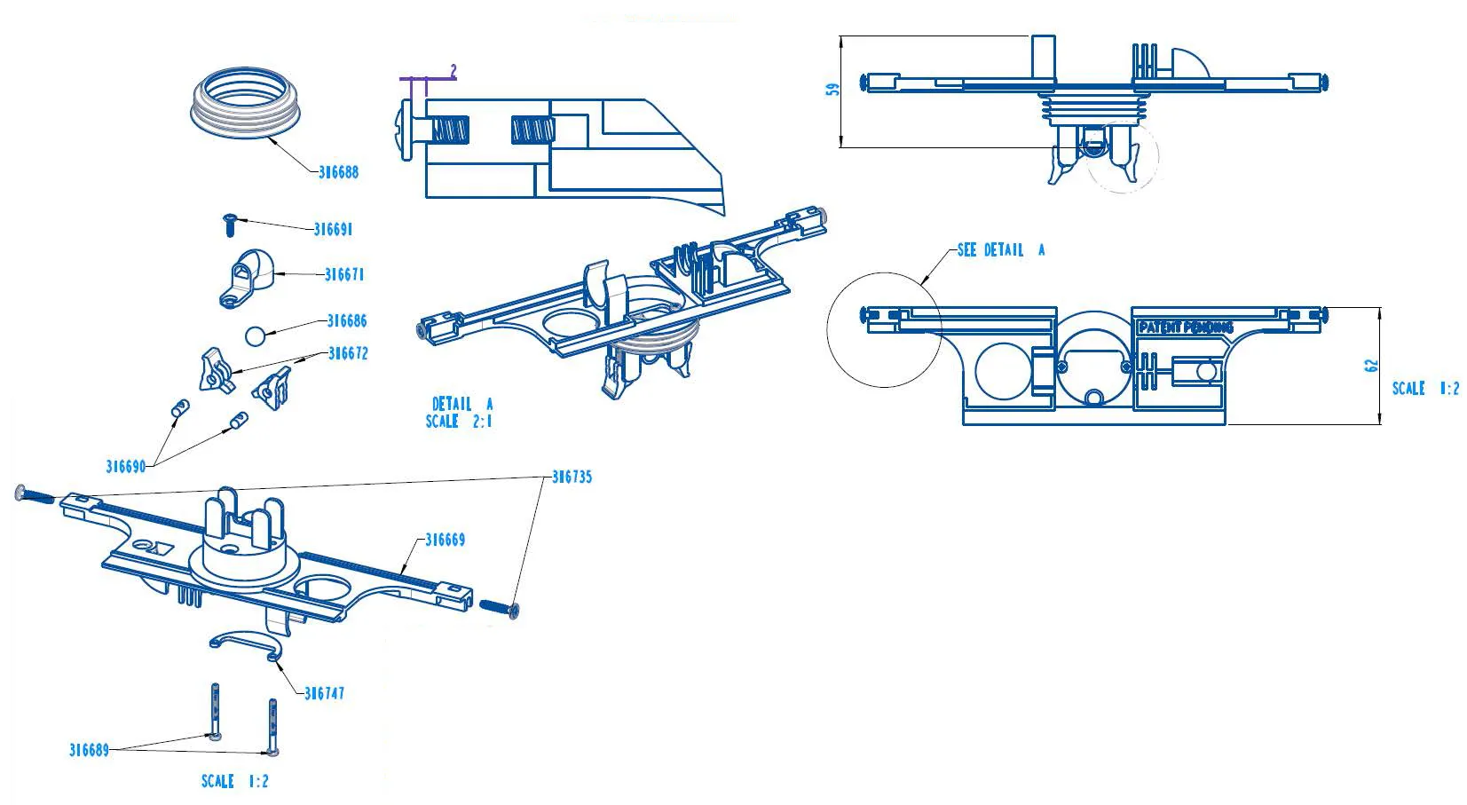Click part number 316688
click(x=338, y=172)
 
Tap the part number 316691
click(x=333, y=229)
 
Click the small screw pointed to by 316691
click(x=229, y=223)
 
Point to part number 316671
click(x=344, y=275)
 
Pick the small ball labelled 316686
click(x=255, y=337)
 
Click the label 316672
click(x=348, y=353)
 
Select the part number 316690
click(x=125, y=467)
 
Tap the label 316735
click(x=572, y=477)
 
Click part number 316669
click(x=445, y=540)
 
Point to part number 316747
click(x=324, y=693)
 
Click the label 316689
click(x=89, y=750)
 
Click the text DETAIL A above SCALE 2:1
click(x=461, y=404)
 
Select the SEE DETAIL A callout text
click(x=1001, y=250)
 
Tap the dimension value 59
click(x=832, y=90)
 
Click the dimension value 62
click(x=1372, y=365)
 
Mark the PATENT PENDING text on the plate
click(x=1186, y=328)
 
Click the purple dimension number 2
click(x=454, y=69)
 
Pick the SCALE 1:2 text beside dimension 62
click(x=1425, y=388)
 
